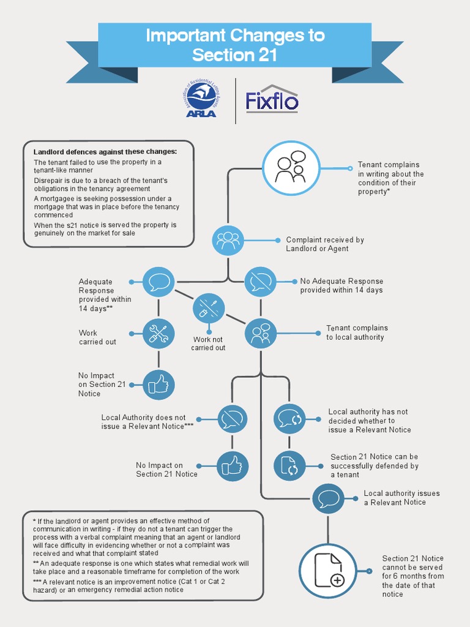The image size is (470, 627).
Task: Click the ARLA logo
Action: click(x=201, y=99)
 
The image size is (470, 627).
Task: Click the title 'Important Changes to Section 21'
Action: click(x=235, y=45)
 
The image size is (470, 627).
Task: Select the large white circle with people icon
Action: click(x=291, y=168)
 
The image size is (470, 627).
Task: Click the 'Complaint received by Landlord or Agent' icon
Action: click(x=228, y=240)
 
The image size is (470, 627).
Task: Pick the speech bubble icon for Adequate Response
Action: click(x=159, y=282)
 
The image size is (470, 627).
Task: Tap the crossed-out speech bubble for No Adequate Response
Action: click(x=261, y=282)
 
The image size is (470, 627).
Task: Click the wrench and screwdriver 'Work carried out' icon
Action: click(x=159, y=334)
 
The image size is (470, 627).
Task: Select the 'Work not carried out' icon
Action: click(x=209, y=309)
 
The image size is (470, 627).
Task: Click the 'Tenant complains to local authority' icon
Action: click(x=261, y=334)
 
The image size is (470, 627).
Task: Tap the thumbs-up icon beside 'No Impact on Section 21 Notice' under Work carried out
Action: click(x=159, y=385)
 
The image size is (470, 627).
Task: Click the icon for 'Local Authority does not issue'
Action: click(x=233, y=419)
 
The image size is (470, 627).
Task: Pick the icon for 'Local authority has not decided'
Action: click(x=289, y=419)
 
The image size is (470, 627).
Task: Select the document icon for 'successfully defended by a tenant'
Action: click(x=289, y=466)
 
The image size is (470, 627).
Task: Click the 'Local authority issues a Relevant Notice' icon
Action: click(x=328, y=498)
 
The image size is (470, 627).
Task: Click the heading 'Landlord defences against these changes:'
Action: click(x=105, y=152)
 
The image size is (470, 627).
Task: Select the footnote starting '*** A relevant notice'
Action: click(x=129, y=585)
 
